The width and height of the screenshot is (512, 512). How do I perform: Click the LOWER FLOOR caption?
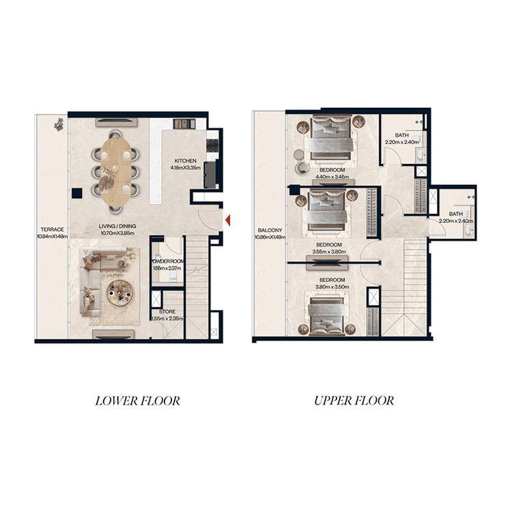tap(137, 401)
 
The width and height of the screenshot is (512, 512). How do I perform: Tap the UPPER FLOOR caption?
tap(354, 401)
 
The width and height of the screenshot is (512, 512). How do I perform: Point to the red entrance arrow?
tap(228, 220)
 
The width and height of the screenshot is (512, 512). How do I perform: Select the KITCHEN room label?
tap(185, 161)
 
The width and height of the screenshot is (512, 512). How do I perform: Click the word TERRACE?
tap(52, 230)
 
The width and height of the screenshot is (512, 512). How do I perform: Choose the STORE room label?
tap(167, 311)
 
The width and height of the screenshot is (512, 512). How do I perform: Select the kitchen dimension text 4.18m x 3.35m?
tap(185, 168)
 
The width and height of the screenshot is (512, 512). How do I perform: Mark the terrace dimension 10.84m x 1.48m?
tap(52, 237)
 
